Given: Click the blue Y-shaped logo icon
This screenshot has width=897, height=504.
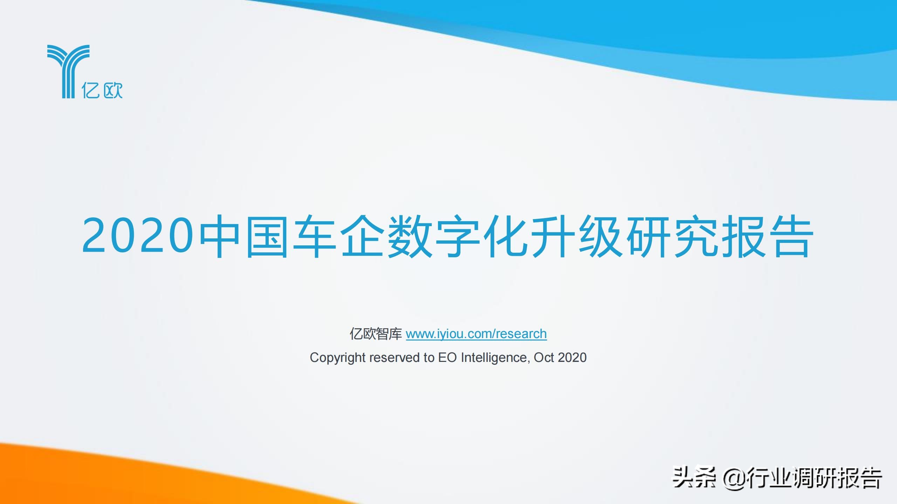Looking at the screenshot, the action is click(69, 71).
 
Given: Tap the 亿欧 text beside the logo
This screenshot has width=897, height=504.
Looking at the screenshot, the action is click(102, 90).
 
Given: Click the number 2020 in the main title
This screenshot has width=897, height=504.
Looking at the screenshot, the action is click(138, 235).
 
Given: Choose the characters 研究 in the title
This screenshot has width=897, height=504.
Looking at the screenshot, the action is click(672, 236).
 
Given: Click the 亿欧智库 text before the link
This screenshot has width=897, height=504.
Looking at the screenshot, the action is click(376, 334).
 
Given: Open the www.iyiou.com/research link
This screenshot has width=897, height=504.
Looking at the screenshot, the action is click(476, 334).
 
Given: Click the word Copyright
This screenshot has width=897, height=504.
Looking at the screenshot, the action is click(338, 358).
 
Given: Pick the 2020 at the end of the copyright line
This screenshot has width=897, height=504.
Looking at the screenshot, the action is click(572, 357).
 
